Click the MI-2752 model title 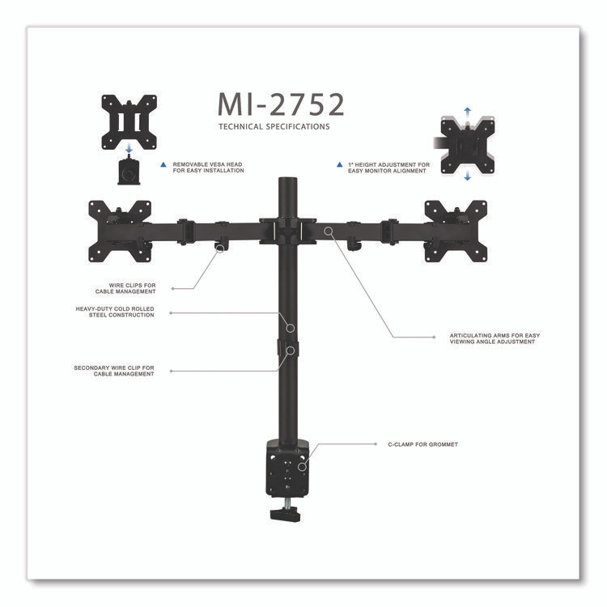pyautogui.click(x=281, y=104)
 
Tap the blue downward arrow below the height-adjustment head pyautogui.click(x=468, y=177)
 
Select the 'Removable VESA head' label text pyautogui.click(x=208, y=168)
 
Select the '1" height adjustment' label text pyautogui.click(x=389, y=168)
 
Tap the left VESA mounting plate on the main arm pyautogui.click(x=120, y=231)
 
